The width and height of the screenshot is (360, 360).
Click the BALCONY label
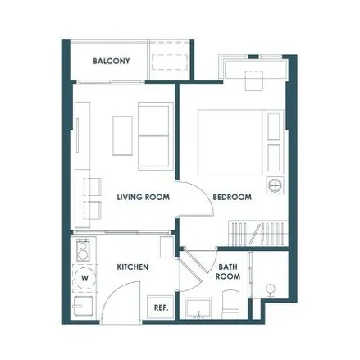coord(112,61)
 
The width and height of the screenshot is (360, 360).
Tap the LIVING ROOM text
coord(144,197)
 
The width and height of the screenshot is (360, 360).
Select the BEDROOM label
coord(232,197)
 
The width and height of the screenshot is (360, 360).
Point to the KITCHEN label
coord(133,267)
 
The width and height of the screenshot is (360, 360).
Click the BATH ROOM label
coord(228,271)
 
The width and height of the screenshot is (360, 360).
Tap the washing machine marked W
coord(84,278)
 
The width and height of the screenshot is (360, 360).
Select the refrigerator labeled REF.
coord(161,308)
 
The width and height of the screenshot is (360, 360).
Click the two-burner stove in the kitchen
coord(83,250)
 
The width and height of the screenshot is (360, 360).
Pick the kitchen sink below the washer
coord(84,306)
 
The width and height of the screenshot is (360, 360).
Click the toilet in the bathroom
coord(231,304)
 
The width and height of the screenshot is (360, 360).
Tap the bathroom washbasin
coord(198,308)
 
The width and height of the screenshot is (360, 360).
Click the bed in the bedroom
coord(240,142)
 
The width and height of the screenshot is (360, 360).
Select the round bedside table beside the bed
coord(276,185)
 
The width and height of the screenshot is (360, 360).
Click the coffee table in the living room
coord(122,136)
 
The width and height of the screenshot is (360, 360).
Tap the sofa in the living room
coord(156,136)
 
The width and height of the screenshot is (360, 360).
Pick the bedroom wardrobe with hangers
coord(258,233)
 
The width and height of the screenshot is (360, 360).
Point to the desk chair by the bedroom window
coord(254,80)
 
